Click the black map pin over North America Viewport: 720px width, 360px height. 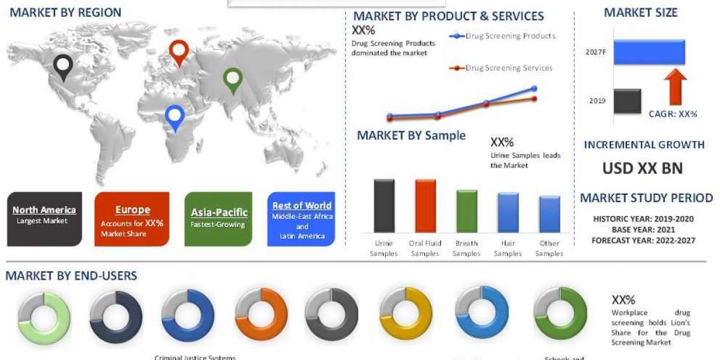click(62, 67)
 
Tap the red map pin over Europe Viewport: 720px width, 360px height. click(179, 51)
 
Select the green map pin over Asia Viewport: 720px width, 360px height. click(233, 79)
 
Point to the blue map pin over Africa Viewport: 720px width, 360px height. click(175, 116)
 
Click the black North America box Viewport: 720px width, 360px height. click(44, 218)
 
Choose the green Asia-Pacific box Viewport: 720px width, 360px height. click(219, 218)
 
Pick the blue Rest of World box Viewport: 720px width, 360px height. click(302, 218)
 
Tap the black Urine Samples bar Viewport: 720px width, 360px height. click(384, 206)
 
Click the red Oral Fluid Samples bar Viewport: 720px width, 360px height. click(425, 206)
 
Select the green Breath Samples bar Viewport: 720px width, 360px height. click(467, 211)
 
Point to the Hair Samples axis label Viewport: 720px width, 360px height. click(508, 248)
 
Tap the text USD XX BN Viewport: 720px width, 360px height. click(643, 169)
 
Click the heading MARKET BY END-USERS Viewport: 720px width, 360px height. click(71, 276)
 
